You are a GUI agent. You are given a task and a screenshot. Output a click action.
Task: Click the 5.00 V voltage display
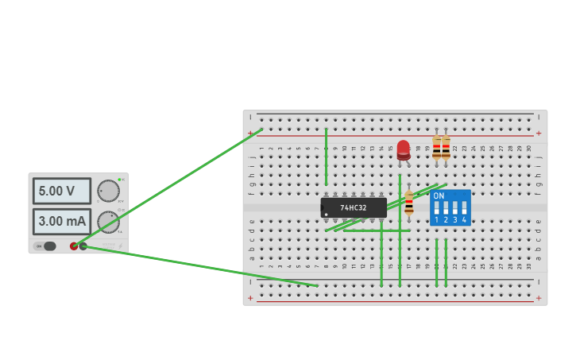point(61,191)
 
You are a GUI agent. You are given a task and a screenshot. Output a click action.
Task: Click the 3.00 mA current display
point(61,222)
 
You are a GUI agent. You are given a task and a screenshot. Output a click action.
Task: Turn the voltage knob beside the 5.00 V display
point(108,191)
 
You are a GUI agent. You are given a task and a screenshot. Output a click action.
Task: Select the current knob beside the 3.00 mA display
point(108,222)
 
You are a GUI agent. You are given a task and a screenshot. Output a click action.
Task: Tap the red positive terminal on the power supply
point(74,246)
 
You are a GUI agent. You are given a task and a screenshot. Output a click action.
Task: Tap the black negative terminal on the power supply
point(83,246)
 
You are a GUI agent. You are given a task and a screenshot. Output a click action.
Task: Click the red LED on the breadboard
point(404,149)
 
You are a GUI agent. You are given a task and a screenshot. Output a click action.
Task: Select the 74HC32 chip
point(354,207)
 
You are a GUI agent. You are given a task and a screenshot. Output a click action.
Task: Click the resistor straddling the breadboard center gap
point(409,203)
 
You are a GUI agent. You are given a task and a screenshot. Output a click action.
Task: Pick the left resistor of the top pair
point(436,148)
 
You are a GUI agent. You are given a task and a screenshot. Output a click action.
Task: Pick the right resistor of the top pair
point(446,148)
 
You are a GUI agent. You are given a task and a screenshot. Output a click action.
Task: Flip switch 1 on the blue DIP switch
point(436,209)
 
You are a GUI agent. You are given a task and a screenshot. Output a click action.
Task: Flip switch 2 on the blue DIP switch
point(446,209)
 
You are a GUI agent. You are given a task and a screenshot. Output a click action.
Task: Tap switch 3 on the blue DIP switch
point(455,209)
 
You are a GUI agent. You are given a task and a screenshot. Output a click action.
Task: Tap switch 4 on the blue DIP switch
point(464,209)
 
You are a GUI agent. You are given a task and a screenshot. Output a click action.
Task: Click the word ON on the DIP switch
point(439,195)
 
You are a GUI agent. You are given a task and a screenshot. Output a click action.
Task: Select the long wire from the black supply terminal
point(199,265)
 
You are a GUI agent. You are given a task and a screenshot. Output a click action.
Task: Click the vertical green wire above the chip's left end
point(326,156)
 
